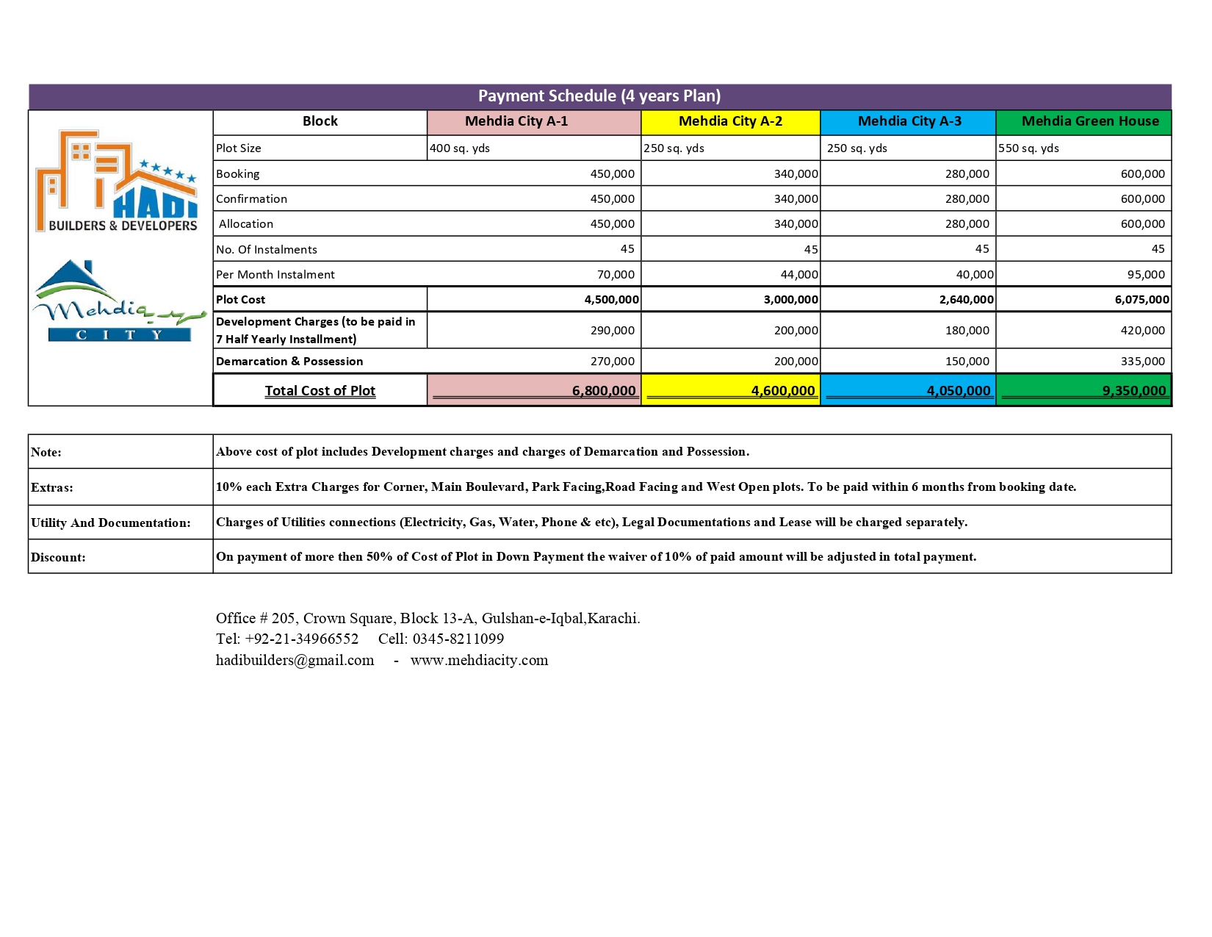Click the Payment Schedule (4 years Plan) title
pos(599,96)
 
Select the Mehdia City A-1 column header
pos(516,121)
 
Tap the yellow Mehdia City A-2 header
pos(730,121)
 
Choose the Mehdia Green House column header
pos(1090,121)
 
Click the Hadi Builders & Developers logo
pos(118,182)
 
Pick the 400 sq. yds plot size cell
pos(460,148)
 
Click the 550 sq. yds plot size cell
pos(1028,148)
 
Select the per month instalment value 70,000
pos(616,275)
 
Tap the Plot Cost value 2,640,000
pos(966,300)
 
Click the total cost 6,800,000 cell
pos(604,391)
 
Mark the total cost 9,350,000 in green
pos(1133,391)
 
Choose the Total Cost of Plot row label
pos(320,391)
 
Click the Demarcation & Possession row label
pos(289,362)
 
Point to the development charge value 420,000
pos(1142,331)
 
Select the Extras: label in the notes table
pos(52,488)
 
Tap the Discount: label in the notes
pos(58,558)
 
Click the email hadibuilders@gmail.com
pos(295,661)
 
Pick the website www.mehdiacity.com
pos(479,661)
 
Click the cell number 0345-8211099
pos(458,639)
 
